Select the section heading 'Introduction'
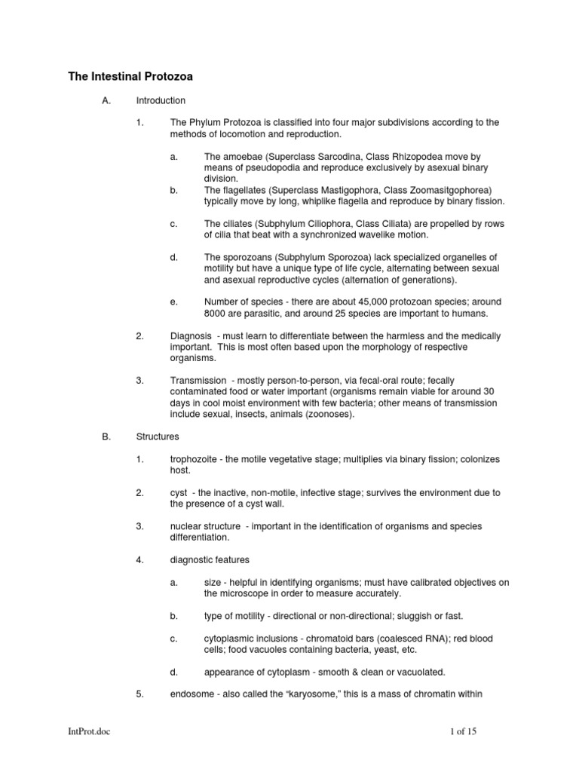(161, 100)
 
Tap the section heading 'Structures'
(158, 437)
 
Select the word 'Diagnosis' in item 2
(191, 335)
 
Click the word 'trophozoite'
(193, 459)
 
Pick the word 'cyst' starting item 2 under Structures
(179, 493)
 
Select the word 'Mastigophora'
(368, 190)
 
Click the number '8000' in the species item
(216, 314)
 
